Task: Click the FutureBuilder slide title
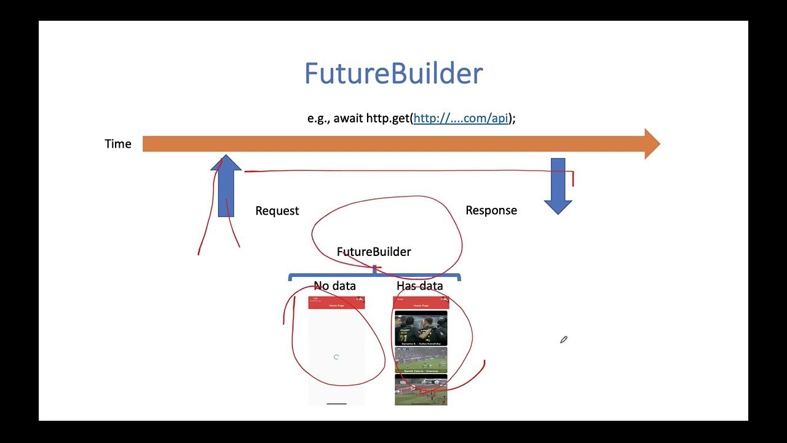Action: [393, 73]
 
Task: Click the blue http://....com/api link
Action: [461, 118]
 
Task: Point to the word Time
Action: [118, 144]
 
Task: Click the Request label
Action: [277, 211]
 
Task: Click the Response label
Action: [491, 210]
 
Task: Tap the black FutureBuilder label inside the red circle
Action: [374, 252]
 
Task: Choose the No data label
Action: [334, 286]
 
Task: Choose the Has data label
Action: [419, 286]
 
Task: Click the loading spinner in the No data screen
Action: [336, 357]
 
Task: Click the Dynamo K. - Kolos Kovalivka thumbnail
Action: [421, 328]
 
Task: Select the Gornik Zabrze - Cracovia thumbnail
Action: [421, 360]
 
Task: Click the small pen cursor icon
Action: [563, 340]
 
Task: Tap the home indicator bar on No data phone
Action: [336, 404]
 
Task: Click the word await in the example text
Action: [348, 118]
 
